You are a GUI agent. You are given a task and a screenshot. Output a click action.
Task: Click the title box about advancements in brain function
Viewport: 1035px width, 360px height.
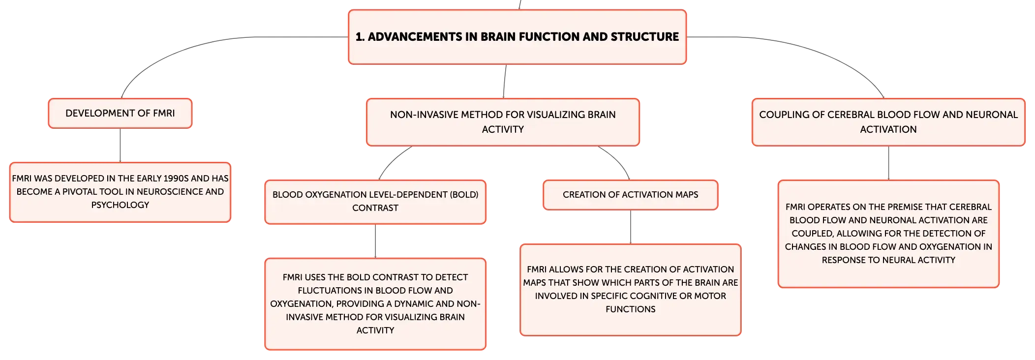517,37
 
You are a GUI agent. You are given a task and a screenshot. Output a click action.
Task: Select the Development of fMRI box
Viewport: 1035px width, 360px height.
120,113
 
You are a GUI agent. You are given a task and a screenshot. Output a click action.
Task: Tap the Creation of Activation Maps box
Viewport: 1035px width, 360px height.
630,195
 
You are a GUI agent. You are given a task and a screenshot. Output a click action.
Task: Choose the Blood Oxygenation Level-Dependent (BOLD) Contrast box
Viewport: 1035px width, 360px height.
375,202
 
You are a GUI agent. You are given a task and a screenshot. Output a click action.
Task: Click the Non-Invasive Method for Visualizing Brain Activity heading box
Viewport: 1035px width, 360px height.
503,122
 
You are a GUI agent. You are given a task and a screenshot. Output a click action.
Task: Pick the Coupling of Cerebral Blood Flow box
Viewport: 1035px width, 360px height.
888,122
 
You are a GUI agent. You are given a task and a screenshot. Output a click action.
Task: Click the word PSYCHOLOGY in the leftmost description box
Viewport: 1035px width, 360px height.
120,205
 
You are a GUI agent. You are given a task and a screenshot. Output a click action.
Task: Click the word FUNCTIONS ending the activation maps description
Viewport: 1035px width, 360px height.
630,309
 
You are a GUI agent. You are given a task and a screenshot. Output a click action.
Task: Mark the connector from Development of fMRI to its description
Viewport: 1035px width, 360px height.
120,146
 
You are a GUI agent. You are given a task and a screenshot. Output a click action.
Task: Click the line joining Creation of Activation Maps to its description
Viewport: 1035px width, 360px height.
631,227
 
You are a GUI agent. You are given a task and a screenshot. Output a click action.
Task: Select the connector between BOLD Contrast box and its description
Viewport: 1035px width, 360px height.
375,241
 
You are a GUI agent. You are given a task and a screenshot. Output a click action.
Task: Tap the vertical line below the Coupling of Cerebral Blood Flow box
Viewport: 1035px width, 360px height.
888,163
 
